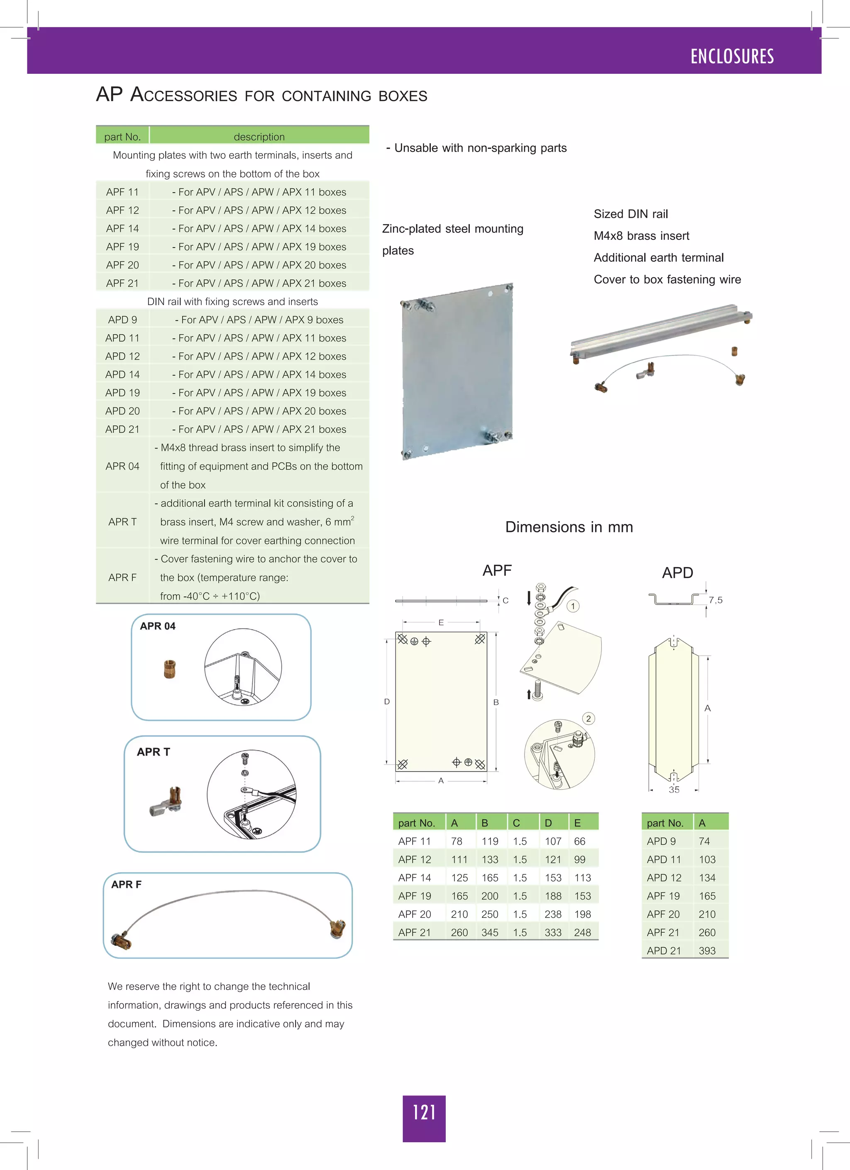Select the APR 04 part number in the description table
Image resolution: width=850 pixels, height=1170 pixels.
[122, 466]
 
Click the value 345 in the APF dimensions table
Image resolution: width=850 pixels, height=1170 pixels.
[489, 932]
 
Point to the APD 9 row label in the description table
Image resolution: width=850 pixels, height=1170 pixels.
[122, 319]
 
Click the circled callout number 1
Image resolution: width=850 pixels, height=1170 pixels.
[572, 606]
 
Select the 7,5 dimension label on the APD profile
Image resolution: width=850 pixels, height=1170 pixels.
[715, 600]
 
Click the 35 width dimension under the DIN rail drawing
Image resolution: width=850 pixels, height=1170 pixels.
[674, 789]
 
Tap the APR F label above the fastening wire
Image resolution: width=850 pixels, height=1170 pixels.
[126, 884]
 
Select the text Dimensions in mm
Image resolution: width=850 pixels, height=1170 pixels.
[569, 526]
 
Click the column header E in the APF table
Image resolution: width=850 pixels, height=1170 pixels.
[577, 823]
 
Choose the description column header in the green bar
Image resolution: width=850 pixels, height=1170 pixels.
[259, 136]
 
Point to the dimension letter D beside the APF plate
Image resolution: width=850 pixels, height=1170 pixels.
[386, 702]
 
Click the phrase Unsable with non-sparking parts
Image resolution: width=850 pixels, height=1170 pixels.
[480, 148]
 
